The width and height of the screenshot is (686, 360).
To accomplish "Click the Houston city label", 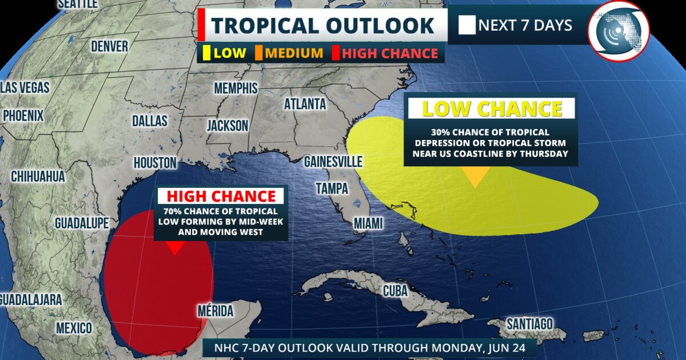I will (155, 163).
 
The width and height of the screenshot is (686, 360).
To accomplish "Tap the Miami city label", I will (368, 223).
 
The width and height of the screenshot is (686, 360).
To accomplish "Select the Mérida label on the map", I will (215, 311).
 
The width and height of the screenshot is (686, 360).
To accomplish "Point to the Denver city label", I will (109, 46).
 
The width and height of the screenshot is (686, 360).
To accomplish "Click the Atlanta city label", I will (305, 104).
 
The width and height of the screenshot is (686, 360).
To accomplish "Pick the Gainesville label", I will (333, 162).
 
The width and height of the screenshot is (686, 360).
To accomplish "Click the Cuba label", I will (395, 291).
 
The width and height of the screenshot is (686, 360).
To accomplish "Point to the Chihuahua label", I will (38, 177).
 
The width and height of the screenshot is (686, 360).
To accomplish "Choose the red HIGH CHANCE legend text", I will (389, 54).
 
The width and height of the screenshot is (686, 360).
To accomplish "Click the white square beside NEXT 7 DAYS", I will (466, 26).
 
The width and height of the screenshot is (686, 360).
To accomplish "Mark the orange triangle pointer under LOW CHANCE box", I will (474, 177).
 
